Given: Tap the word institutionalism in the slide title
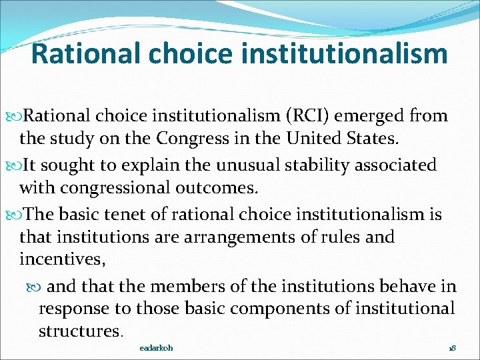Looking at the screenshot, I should (346, 54).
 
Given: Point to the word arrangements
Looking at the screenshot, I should (234, 237).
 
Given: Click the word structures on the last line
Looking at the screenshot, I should (79, 331).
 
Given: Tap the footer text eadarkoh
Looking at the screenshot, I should (156, 348).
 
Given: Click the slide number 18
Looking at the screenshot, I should (451, 348).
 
